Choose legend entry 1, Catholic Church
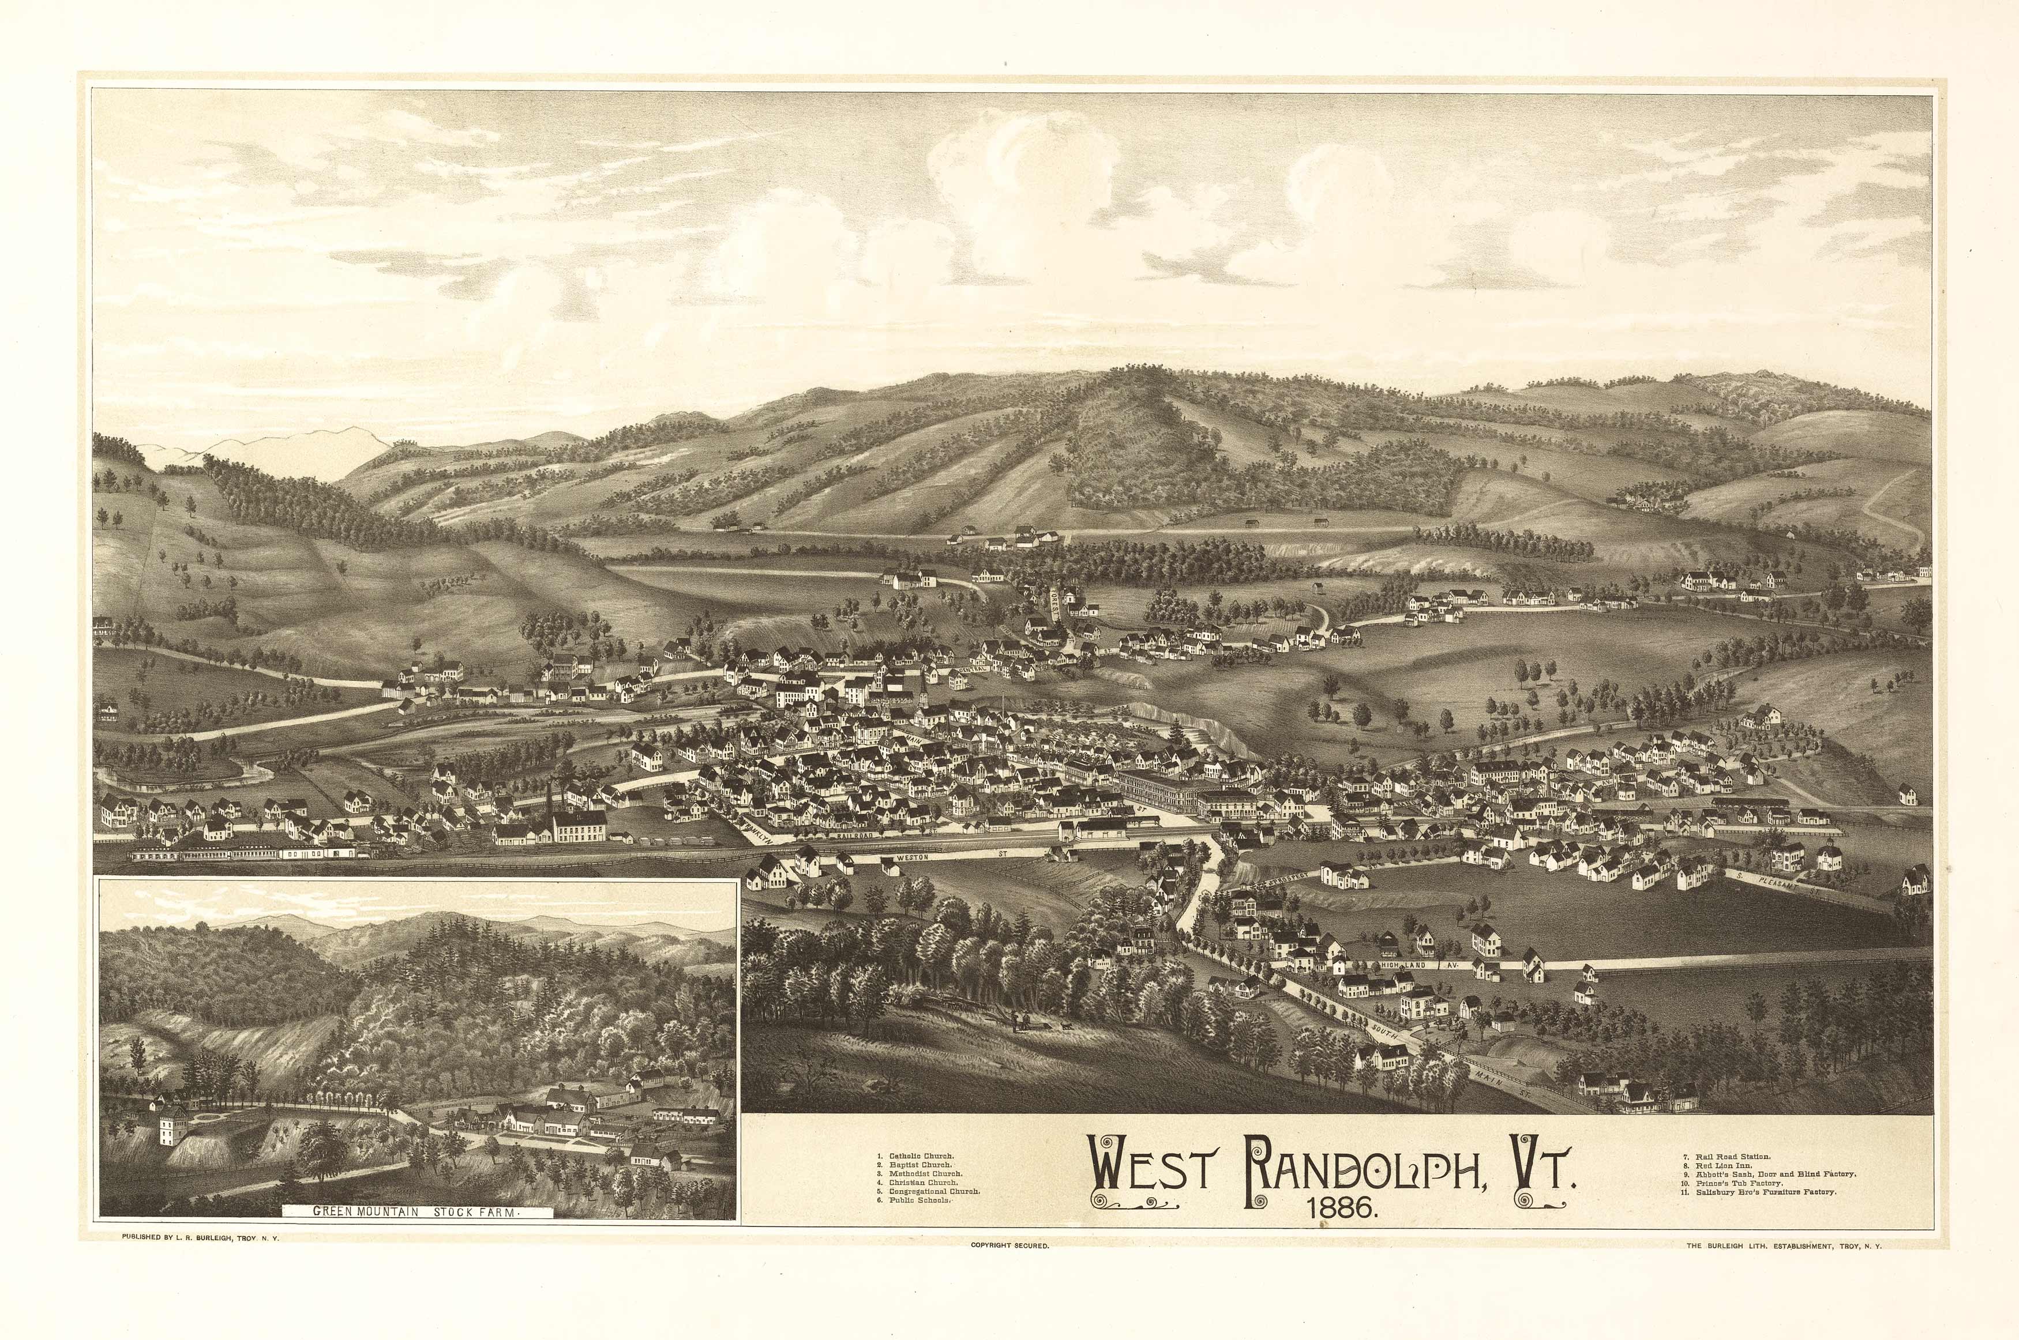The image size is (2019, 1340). pos(915,1156)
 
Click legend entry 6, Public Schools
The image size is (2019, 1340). pos(915,1200)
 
